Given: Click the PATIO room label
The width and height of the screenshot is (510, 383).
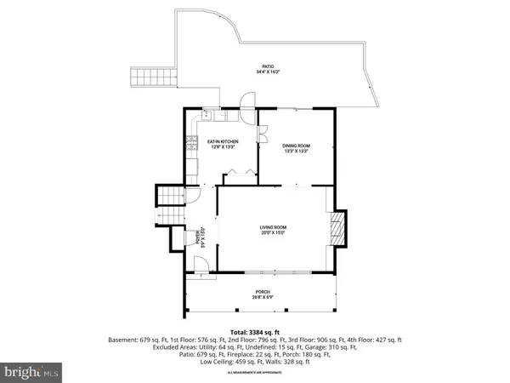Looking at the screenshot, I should pyautogui.click(x=267, y=66).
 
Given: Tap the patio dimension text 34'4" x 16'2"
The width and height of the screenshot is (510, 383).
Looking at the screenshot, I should pyautogui.click(x=267, y=72).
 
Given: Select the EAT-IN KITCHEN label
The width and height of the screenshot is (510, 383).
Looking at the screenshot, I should pyautogui.click(x=223, y=141).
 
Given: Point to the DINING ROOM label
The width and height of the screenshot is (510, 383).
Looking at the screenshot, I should pyautogui.click(x=296, y=146).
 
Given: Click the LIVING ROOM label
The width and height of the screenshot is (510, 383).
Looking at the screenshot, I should pyautogui.click(x=273, y=227).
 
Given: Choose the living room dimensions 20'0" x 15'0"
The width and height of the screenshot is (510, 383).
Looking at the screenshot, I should pyautogui.click(x=273, y=234).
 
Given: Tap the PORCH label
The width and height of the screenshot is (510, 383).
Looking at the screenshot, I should pyautogui.click(x=262, y=292).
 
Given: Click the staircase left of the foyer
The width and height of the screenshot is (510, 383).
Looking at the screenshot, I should pyautogui.click(x=167, y=205).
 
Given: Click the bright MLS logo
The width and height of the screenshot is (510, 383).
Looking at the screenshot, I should pyautogui.click(x=31, y=371).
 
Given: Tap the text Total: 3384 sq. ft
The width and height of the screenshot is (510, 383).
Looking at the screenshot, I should pyautogui.click(x=254, y=331).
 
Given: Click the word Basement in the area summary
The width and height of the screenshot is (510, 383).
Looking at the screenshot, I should pyautogui.click(x=123, y=340).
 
